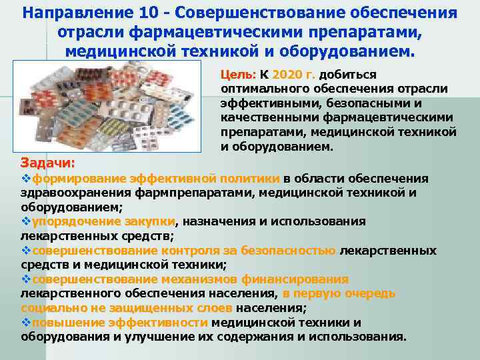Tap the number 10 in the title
pos(149,14)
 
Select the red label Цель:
pos(235,75)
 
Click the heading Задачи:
pos(47,162)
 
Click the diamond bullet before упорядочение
pos(26,221)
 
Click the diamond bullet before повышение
pos(26,323)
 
